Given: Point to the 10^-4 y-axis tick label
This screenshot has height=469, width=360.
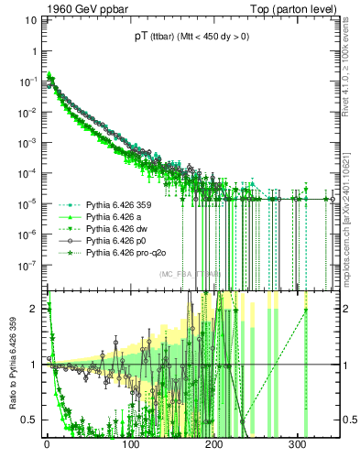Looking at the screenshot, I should click(28, 173).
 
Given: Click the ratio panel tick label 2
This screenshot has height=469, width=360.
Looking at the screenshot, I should click(33, 309).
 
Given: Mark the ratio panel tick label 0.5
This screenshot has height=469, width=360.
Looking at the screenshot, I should click(29, 420).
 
